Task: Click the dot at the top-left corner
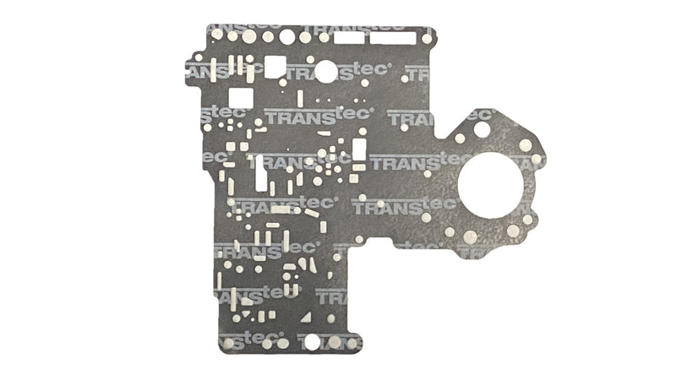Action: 217,33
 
